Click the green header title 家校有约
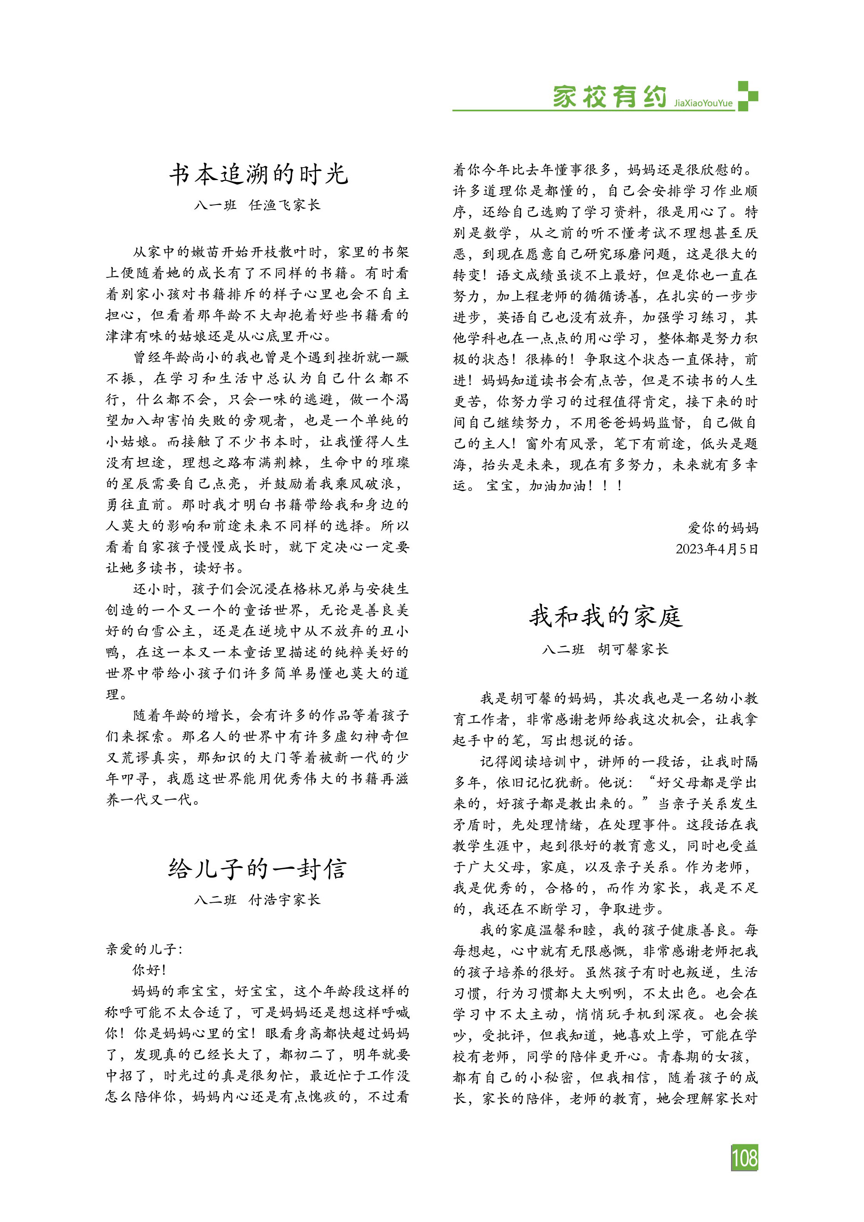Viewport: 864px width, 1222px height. click(609, 97)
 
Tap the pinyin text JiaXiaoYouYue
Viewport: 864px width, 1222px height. click(703, 103)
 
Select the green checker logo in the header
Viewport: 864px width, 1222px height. click(747, 96)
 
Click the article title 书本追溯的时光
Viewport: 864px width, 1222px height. click(259, 175)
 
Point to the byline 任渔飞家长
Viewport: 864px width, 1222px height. click(285, 205)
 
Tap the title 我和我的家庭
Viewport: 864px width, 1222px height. click(605, 617)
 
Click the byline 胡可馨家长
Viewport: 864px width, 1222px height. click(633, 650)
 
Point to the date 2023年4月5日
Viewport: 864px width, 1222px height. click(717, 549)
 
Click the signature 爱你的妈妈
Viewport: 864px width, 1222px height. click(723, 528)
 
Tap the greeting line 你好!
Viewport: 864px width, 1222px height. click(149, 970)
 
